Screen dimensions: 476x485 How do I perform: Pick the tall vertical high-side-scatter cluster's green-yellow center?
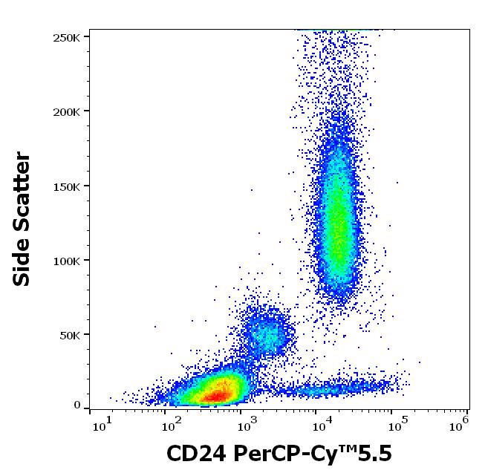[338, 223]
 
